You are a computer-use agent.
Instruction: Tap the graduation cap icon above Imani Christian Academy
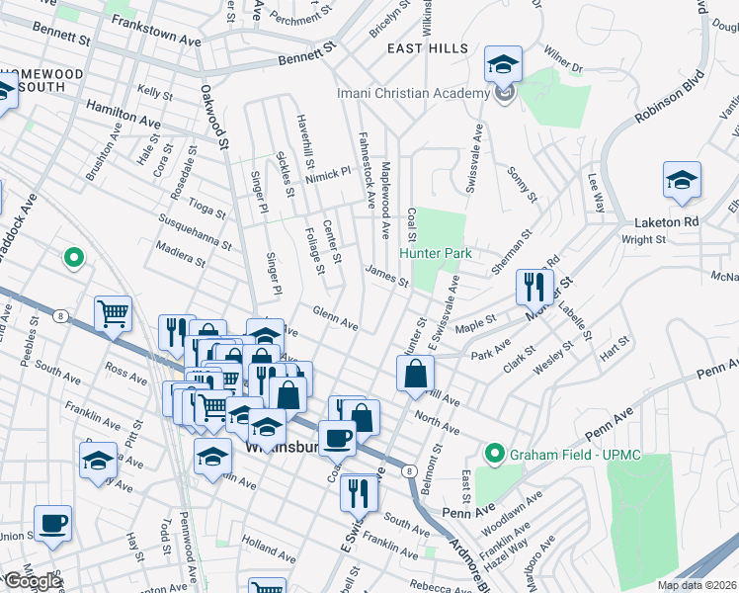[503, 65]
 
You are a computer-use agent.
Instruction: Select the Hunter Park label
[436, 253]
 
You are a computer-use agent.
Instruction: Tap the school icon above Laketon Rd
[682, 181]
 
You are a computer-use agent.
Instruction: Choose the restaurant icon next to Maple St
[534, 288]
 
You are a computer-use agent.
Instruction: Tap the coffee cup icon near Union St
[52, 523]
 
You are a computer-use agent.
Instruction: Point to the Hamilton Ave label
[123, 113]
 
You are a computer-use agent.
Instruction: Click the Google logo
[32, 582]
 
